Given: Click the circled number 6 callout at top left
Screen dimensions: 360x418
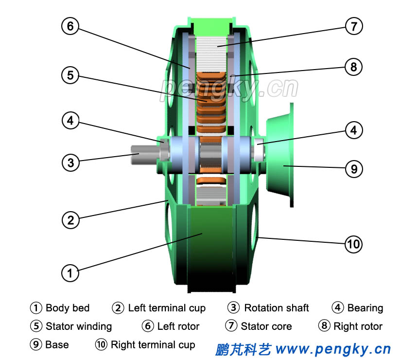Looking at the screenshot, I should pyautogui.click(x=70, y=27).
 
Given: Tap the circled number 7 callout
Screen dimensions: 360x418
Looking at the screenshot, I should pyautogui.click(x=354, y=26).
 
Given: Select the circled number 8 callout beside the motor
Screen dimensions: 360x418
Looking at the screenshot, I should pyautogui.click(x=353, y=67).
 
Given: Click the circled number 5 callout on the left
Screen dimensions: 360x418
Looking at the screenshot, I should pyautogui.click(x=70, y=75).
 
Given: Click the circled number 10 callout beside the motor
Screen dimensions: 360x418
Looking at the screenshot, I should pyautogui.click(x=353, y=243).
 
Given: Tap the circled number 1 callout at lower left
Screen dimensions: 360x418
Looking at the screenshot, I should pyautogui.click(x=70, y=273).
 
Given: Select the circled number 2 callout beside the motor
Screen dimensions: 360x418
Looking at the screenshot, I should pyautogui.click(x=70, y=220).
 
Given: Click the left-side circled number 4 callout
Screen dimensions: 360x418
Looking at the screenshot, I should pyautogui.click(x=70, y=120).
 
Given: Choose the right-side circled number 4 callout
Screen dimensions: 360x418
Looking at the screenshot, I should pyautogui.click(x=354, y=130).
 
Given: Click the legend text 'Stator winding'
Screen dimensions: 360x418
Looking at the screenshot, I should pyautogui.click(x=78, y=326).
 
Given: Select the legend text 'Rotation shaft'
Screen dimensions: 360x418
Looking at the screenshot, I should pyautogui.click(x=276, y=308).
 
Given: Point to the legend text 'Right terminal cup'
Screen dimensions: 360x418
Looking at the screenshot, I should pyautogui.click(x=153, y=345).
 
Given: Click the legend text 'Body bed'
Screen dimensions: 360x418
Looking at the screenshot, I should pyautogui.click(x=68, y=308).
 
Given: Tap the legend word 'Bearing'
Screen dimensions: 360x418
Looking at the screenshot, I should pyautogui.click(x=365, y=308).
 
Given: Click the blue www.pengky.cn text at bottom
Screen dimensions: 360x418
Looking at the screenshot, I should pyautogui.click(x=333, y=349).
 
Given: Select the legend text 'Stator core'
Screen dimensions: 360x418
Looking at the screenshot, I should pyautogui.click(x=266, y=326).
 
